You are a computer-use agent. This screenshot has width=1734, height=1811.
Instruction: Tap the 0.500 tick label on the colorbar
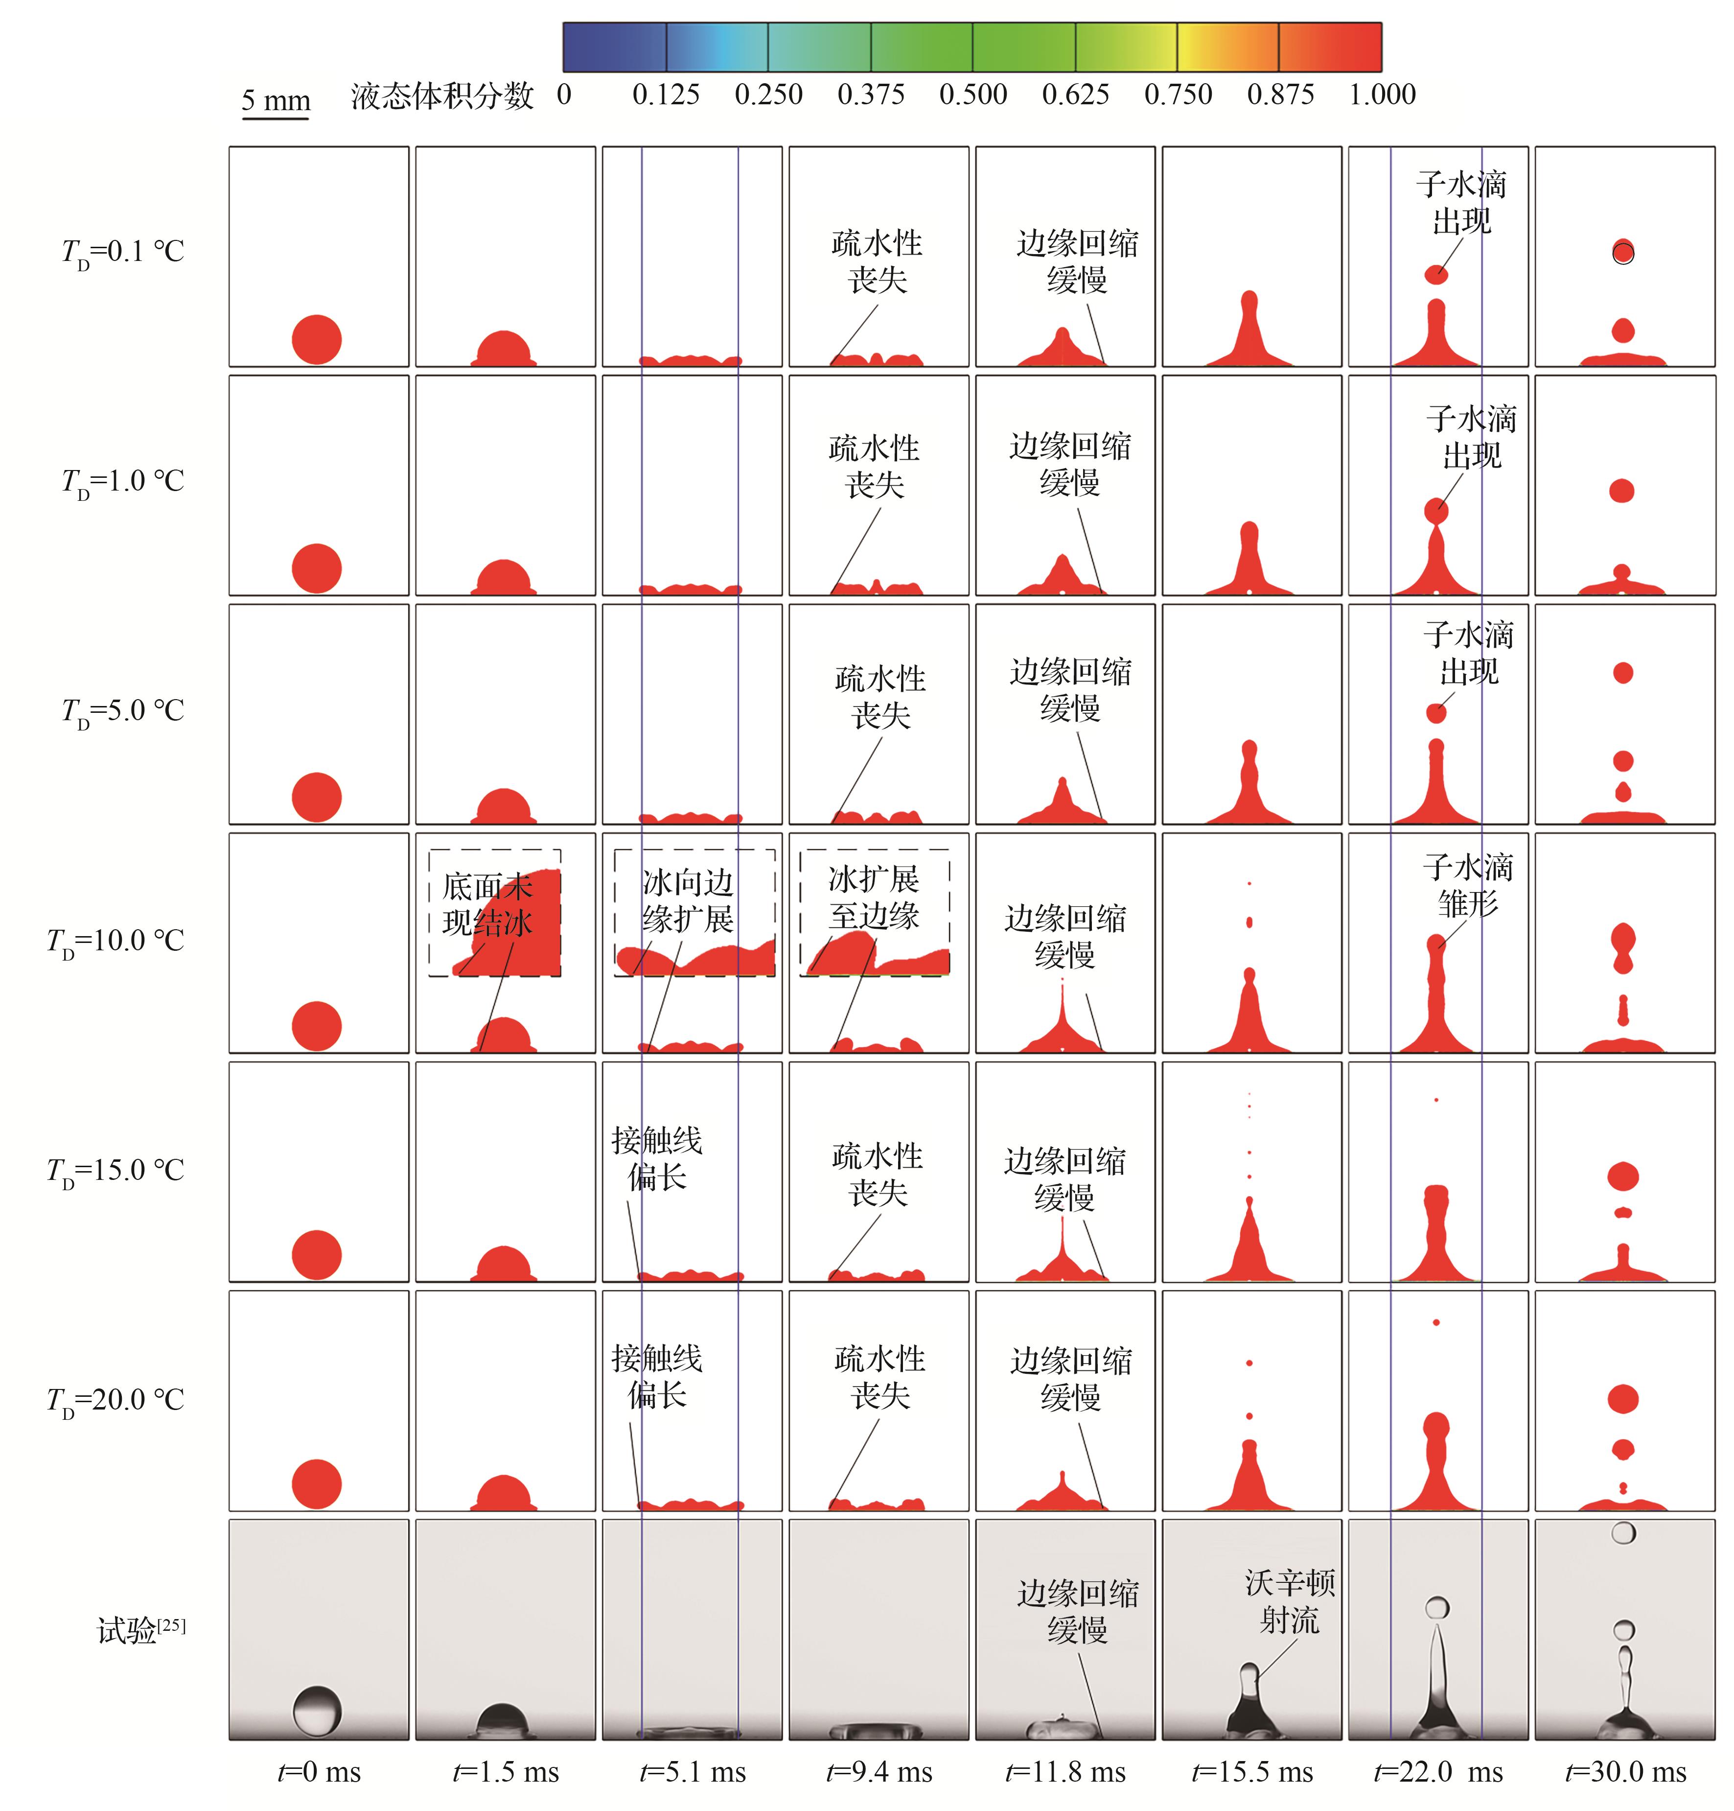(973, 94)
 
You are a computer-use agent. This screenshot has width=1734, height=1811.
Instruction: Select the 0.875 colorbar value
(1280, 94)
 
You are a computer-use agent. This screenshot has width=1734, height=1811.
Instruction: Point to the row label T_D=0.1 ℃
(123, 251)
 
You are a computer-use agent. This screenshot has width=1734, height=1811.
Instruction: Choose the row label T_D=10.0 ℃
(116, 941)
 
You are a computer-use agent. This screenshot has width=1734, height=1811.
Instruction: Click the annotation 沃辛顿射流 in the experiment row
(1290, 1601)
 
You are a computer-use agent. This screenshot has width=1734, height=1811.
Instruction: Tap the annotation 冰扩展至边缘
(874, 897)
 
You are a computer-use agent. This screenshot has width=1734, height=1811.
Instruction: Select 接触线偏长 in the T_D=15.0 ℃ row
(657, 1159)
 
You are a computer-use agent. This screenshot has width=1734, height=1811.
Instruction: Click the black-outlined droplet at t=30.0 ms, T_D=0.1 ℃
(1623, 252)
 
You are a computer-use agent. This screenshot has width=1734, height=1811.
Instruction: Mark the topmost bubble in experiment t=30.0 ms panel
(1623, 1533)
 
